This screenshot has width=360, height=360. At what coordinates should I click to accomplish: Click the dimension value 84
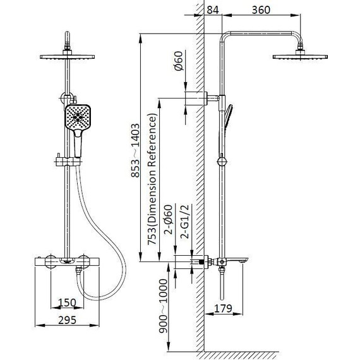(x=213, y=10)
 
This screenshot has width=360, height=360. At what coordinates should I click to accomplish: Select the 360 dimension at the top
(x=261, y=10)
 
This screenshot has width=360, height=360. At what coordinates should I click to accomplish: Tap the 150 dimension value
(x=67, y=303)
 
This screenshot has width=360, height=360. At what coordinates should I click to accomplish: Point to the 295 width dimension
(x=67, y=320)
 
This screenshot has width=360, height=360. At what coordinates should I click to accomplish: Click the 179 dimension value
(x=223, y=309)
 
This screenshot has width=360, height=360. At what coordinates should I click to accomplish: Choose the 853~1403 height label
(x=135, y=150)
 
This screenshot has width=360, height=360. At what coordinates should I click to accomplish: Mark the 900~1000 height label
(x=163, y=306)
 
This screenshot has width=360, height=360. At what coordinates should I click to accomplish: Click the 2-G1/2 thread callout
(x=185, y=221)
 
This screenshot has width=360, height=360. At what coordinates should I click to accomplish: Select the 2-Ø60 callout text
(x=168, y=220)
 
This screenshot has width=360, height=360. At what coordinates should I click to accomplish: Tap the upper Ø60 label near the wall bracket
(x=178, y=61)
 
